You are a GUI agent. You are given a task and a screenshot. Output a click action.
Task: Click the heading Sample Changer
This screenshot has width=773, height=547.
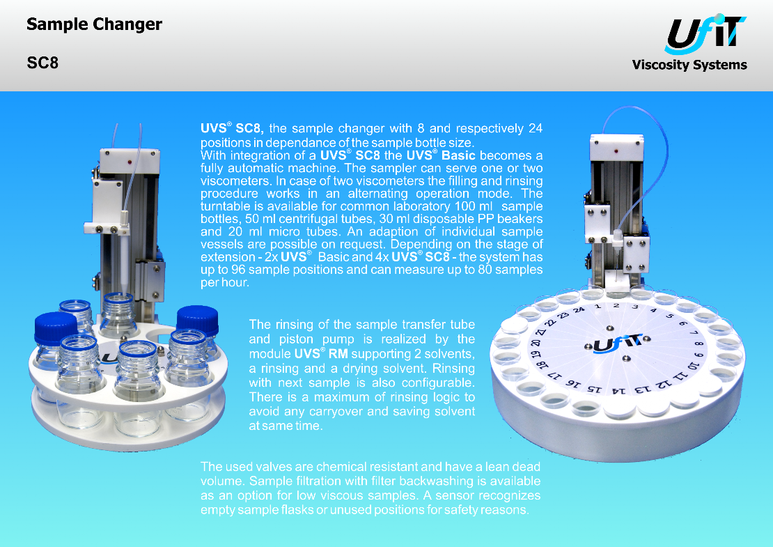[94, 24]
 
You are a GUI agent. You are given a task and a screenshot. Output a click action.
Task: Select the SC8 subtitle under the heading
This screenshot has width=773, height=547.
[42, 63]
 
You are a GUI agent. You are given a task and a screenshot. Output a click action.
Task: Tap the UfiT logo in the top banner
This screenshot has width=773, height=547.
[706, 33]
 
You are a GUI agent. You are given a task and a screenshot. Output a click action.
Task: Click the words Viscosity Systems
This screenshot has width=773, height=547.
[689, 65]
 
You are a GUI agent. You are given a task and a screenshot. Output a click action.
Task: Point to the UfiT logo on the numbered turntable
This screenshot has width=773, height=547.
[616, 343]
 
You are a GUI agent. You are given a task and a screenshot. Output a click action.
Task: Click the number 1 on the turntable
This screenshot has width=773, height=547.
[598, 307]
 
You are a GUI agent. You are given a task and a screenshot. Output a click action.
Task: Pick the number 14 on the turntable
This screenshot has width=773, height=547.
[618, 391]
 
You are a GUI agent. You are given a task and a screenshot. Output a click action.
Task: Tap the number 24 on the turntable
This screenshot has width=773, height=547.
[579, 310]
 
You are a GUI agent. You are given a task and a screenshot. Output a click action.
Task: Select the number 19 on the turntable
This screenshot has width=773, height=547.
[534, 355]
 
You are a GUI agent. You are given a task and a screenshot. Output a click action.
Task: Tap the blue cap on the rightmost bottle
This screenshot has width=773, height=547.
[198, 320]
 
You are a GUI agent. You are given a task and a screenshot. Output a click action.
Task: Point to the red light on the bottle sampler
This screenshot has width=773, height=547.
[129, 162]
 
